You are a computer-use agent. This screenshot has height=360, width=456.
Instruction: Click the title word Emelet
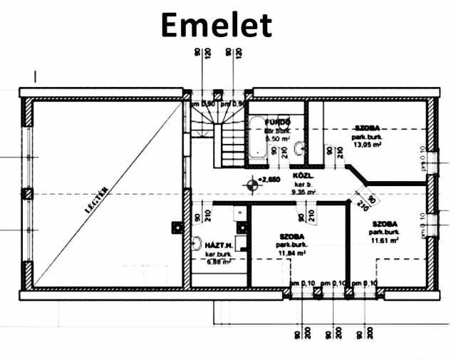click(x=216, y=25)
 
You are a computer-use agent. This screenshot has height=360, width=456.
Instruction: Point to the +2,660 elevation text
click(x=271, y=180)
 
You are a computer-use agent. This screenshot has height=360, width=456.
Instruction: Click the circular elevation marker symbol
click(x=252, y=185)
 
